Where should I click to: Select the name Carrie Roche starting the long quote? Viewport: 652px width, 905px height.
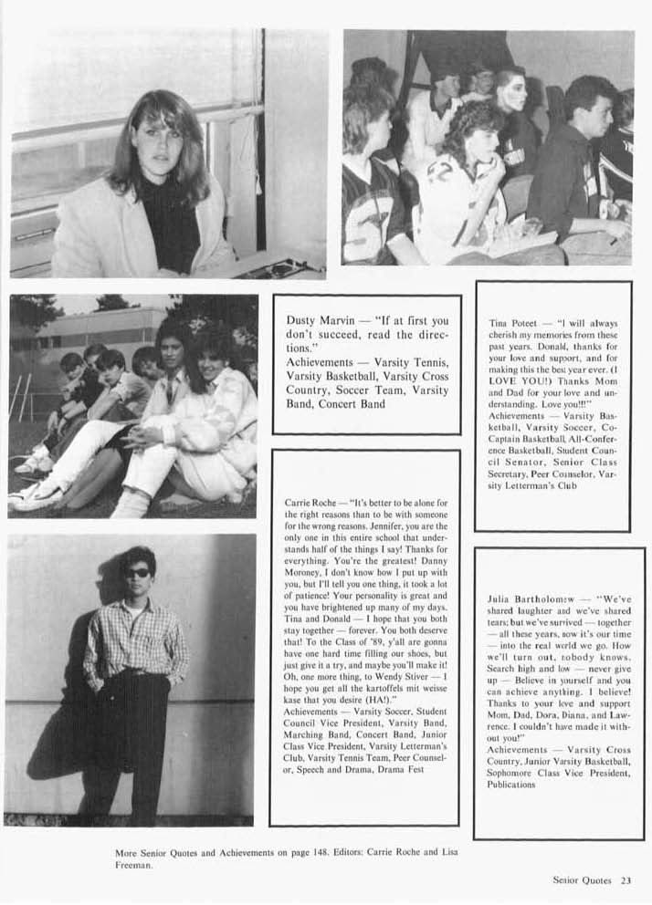click(x=309, y=503)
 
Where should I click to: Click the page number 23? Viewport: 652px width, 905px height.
click(x=626, y=880)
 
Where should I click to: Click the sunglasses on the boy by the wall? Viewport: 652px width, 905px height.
click(x=138, y=572)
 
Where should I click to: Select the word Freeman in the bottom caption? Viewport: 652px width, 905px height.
click(x=133, y=866)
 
